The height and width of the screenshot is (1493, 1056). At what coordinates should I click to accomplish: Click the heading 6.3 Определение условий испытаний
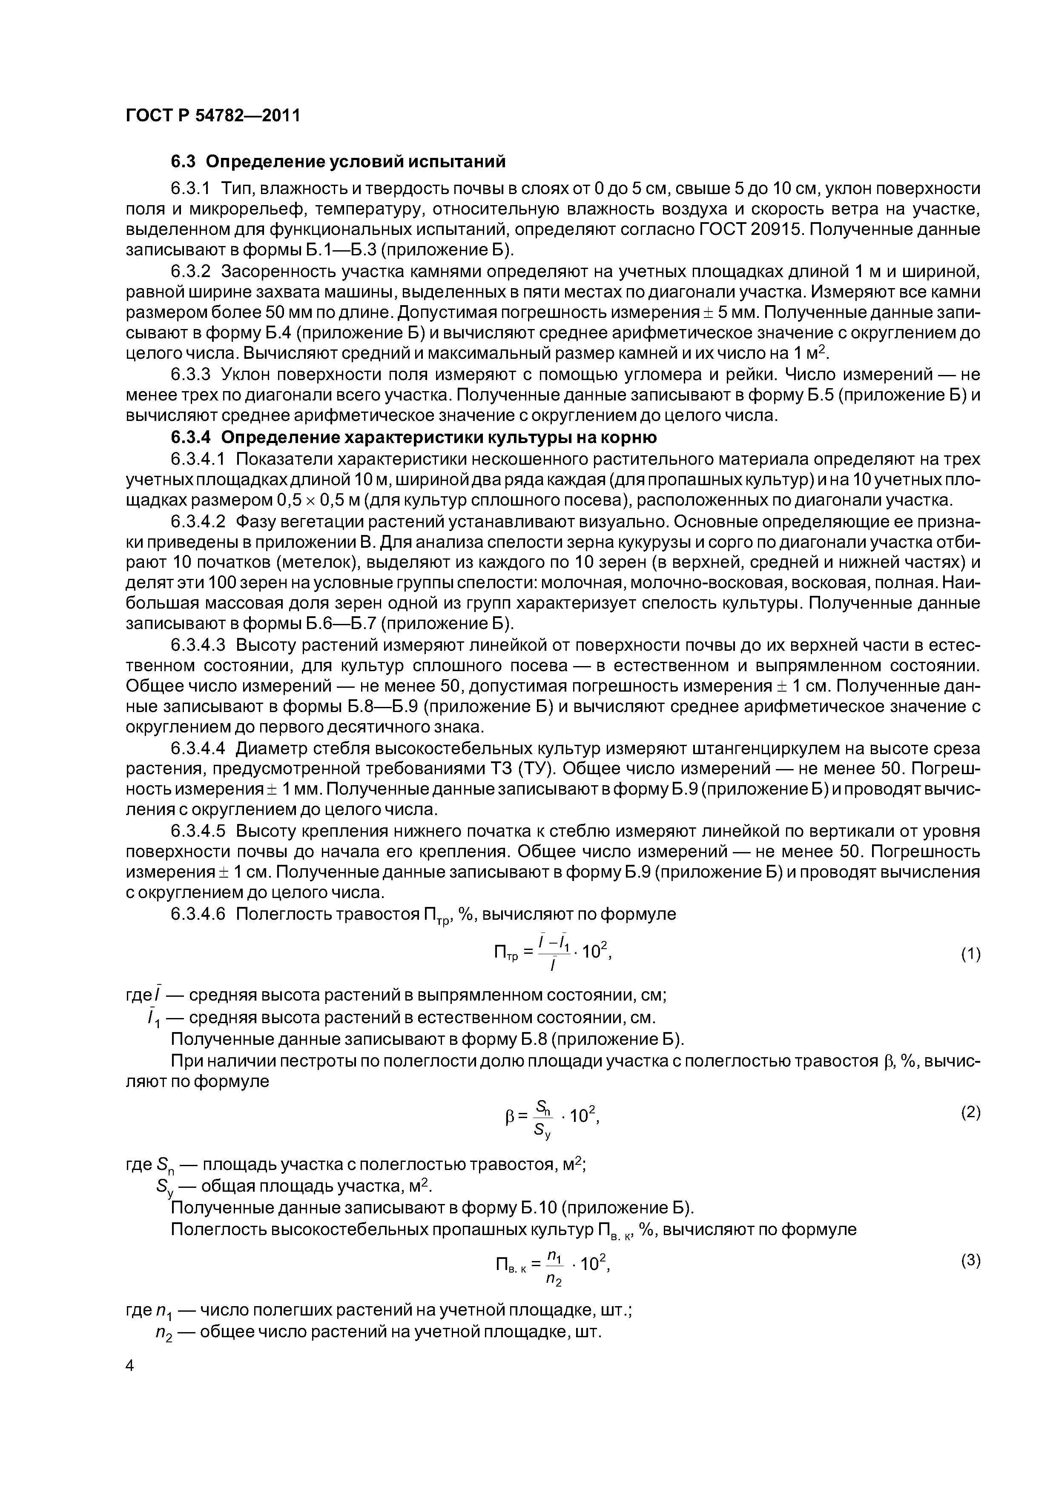pyautogui.click(x=338, y=160)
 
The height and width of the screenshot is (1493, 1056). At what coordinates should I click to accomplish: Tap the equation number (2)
pyautogui.click(x=970, y=1113)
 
